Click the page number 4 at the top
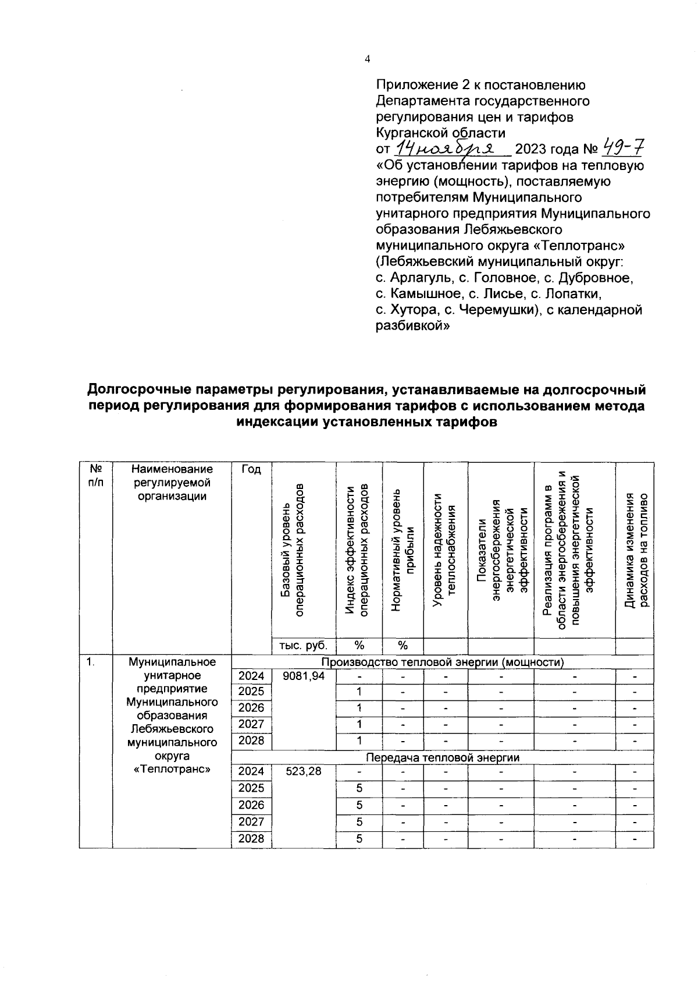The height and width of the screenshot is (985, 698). [366, 59]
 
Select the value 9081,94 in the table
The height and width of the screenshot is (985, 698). [304, 676]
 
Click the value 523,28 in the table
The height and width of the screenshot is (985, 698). [304, 771]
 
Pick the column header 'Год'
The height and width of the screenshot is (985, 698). [251, 470]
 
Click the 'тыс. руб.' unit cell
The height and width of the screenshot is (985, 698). [304, 645]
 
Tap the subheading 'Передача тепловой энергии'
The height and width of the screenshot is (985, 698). [442, 757]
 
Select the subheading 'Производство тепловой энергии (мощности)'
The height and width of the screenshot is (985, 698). [442, 661]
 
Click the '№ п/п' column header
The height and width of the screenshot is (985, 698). [95, 476]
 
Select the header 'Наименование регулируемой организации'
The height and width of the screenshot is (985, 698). [172, 482]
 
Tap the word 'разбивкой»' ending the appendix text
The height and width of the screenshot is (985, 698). [412, 327]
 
